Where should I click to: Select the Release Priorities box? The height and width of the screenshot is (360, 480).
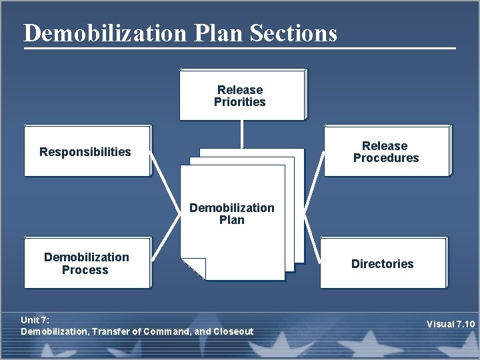(241, 95)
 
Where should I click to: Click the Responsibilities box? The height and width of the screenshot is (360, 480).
(87, 151)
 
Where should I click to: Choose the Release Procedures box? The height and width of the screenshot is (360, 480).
(386, 151)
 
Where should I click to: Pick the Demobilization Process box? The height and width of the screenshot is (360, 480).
(87, 263)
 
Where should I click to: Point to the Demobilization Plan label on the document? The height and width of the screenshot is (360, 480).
(232, 213)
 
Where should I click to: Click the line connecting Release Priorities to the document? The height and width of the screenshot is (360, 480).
(242, 134)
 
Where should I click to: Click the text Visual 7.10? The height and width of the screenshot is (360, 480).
(451, 325)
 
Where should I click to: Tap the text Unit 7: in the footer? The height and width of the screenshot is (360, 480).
(35, 320)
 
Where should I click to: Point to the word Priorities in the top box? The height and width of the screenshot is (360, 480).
(240, 102)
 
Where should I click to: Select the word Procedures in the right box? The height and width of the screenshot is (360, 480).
(386, 158)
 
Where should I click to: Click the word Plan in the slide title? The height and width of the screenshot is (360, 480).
(220, 33)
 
